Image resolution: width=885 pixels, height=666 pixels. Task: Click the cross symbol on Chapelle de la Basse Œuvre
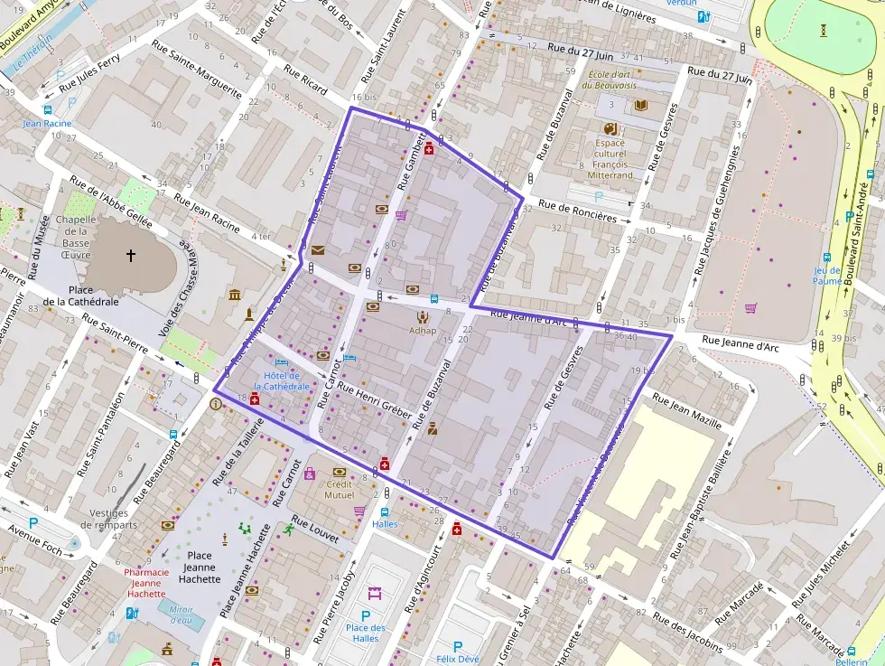131,256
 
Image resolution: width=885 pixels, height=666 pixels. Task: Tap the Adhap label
423,331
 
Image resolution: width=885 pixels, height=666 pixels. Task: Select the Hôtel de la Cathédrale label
286,380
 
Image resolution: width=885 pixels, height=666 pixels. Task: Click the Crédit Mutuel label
340,489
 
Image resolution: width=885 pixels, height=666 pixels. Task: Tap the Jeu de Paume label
827,275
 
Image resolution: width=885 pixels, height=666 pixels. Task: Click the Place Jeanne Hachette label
200,567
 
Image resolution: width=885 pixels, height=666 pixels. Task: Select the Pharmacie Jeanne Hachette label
145,582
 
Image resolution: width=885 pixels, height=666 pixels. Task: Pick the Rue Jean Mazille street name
686,410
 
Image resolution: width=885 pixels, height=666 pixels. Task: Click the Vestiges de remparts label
115,518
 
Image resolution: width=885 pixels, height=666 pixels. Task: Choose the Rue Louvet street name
316,530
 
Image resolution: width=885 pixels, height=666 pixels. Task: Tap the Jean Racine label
47,123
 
